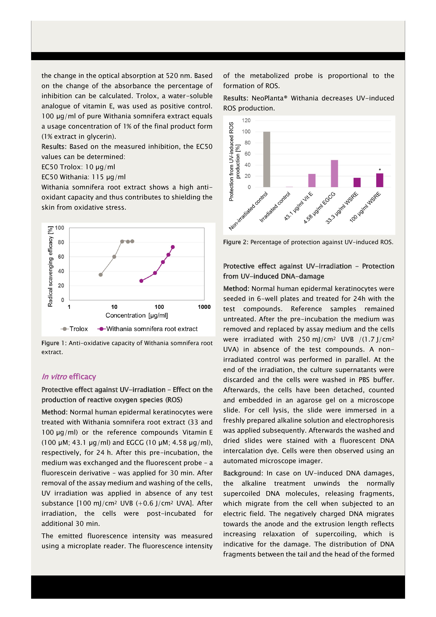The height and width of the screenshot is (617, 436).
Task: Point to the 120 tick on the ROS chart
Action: [x=246, y=120]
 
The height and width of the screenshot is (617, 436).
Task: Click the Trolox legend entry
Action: [x=74, y=329]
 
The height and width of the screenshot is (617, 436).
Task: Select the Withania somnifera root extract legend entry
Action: [x=147, y=329]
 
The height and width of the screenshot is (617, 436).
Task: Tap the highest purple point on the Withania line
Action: [x=173, y=247]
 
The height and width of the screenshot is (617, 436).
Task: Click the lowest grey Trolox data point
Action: [x=101, y=275]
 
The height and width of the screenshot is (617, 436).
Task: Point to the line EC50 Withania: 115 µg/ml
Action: [x=83, y=177]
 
